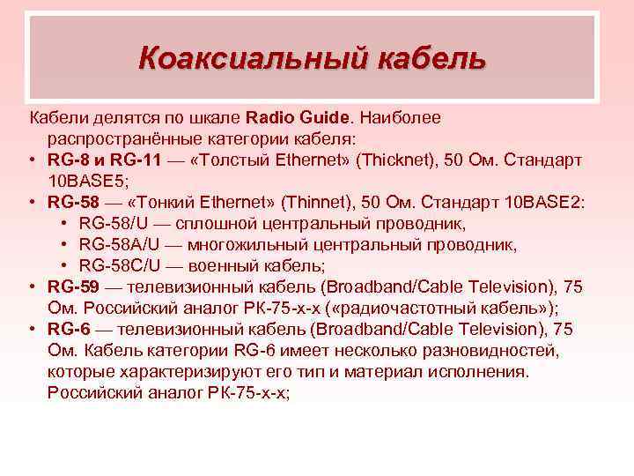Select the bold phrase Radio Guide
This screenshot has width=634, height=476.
pos(299,117)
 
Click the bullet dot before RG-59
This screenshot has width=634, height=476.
pos(31,286)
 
